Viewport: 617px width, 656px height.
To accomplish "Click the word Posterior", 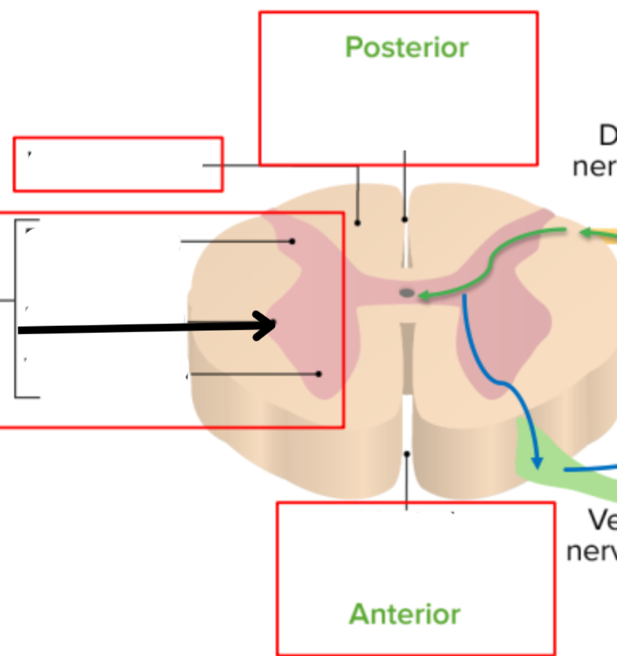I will tap(407, 48).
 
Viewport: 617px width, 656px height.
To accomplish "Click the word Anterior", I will tap(405, 614).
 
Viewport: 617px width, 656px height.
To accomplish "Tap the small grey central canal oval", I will tap(407, 293).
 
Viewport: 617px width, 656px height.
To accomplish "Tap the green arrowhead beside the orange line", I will tap(584, 233).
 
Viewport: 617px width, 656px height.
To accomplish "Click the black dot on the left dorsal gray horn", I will tap(292, 241).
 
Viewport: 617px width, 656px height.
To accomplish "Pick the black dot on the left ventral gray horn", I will tap(319, 374).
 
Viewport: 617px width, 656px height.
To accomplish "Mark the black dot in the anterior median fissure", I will tap(407, 454).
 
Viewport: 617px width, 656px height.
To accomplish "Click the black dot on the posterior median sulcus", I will tap(405, 220).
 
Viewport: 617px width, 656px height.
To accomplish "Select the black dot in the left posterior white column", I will tap(357, 222).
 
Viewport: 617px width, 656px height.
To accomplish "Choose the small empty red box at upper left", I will tap(118, 164).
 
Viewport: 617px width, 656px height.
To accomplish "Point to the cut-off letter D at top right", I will tap(607, 136).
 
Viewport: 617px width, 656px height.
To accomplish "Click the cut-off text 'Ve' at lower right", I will tap(602, 519).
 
